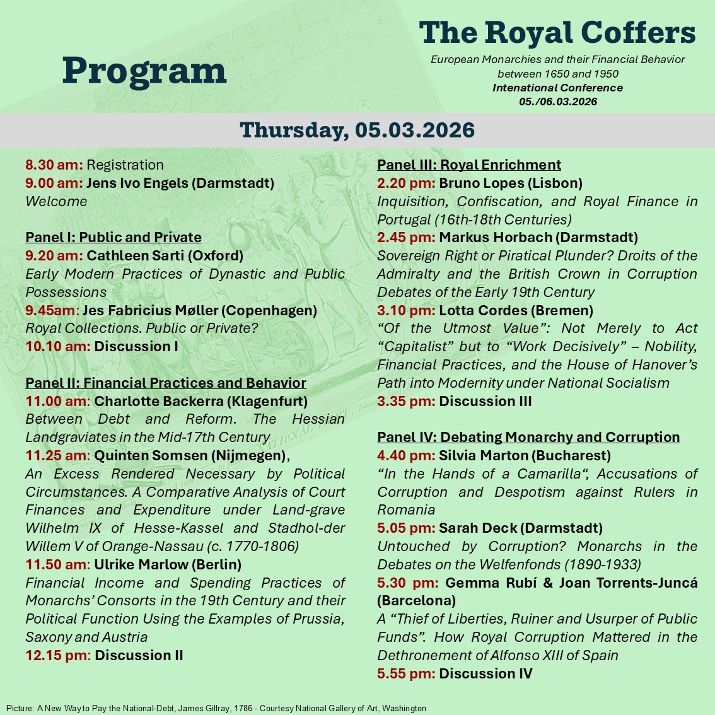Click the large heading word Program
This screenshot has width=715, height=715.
pos(144,71)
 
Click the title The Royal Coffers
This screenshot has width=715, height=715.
pos(557,33)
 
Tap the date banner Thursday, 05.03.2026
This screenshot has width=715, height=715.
pos(357,130)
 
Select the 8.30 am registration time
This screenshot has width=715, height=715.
pos(54,165)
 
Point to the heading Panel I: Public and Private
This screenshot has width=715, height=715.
pos(113,238)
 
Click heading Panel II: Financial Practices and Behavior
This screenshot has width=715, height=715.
pos(166,383)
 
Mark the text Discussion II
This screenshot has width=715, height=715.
pos(139,656)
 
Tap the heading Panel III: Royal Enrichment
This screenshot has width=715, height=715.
pos(469,165)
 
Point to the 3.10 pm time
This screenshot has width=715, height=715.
pos(406,311)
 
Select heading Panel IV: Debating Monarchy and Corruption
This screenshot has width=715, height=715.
pos(528,438)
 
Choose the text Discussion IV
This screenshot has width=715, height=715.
pos(485,674)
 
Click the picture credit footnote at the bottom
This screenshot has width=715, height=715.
pos(216,709)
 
